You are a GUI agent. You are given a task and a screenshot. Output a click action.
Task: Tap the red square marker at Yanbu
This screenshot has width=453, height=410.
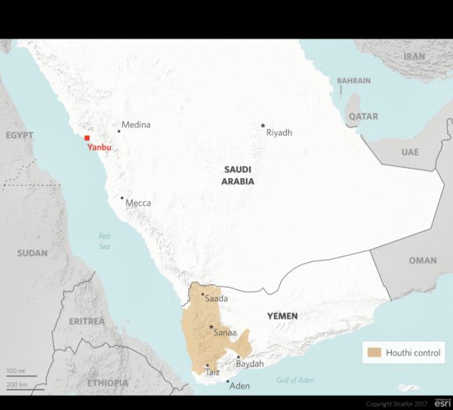tap(88, 139)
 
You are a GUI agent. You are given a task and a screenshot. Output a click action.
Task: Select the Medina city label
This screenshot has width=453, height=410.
tap(137, 125)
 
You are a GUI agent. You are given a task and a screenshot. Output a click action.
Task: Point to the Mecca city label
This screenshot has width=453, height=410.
tap(138, 203)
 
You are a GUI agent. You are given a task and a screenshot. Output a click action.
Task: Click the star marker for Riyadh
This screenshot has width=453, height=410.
tap(263, 125)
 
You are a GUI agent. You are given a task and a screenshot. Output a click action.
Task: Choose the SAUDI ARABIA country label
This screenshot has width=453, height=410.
tap(238, 176)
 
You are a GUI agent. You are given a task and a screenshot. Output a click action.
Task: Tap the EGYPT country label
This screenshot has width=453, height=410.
tap(20, 135)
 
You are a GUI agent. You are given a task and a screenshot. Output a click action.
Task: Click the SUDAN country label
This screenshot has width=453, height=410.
tap(32, 253)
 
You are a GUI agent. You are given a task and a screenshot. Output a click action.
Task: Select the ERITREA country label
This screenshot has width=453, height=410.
tap(86, 321)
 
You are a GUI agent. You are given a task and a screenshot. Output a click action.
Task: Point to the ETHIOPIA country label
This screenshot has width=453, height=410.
tap(107, 383)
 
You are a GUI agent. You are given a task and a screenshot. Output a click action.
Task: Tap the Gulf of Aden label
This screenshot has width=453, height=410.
tap(294, 380)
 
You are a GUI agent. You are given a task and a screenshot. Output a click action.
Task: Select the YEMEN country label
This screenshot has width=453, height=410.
tap(282, 316)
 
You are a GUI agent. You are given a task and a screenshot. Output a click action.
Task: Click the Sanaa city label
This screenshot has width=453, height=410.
tap(226, 332)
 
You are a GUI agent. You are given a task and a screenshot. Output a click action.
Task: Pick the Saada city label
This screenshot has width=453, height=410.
tap(216, 299)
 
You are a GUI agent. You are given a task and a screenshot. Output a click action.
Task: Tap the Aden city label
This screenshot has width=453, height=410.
tap(239, 386)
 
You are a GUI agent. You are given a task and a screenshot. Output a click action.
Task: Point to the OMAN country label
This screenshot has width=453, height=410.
tap(422, 260)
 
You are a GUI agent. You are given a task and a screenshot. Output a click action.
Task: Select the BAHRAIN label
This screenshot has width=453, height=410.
tap(353, 81)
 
